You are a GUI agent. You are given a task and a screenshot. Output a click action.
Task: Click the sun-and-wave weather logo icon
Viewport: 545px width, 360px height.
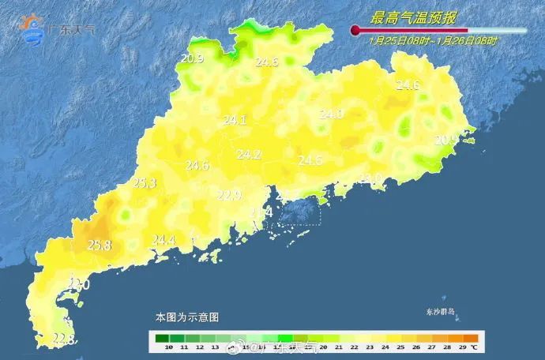pyautogui.click(x=33, y=29)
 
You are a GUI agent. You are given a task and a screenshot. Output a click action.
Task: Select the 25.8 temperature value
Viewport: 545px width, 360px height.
pyautogui.click(x=100, y=246)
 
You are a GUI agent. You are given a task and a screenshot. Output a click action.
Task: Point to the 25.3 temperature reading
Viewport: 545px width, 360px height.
pyautogui.click(x=144, y=183)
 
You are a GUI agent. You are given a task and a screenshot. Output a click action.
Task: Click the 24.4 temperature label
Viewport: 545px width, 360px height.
pyautogui.click(x=163, y=240)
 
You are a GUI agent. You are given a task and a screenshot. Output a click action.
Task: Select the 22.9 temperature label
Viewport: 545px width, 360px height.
pyautogui.click(x=229, y=195)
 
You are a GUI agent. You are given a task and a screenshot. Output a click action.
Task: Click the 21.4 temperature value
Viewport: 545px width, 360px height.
pyautogui.click(x=261, y=212)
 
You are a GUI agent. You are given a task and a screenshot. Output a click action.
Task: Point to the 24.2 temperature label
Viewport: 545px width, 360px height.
pyautogui.click(x=249, y=156)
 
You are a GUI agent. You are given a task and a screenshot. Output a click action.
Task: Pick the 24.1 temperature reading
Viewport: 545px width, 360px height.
pyautogui.click(x=235, y=121)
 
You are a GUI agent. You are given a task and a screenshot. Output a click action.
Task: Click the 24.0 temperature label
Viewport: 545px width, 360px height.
pyautogui.click(x=331, y=114)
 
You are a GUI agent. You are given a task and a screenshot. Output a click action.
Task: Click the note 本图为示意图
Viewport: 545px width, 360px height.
pyautogui.click(x=186, y=317)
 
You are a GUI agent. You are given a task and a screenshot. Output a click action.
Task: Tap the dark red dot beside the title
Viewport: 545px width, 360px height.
pyautogui.click(x=355, y=31)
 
